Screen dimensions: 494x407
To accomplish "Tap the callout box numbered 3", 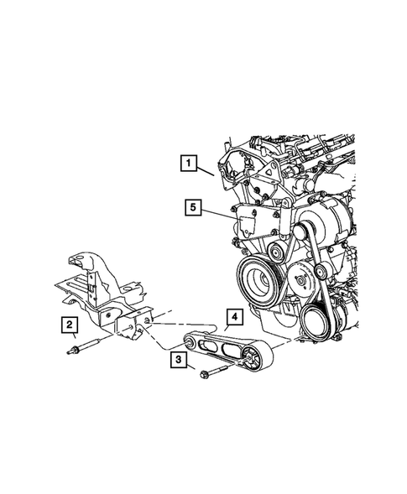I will point(180,361).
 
